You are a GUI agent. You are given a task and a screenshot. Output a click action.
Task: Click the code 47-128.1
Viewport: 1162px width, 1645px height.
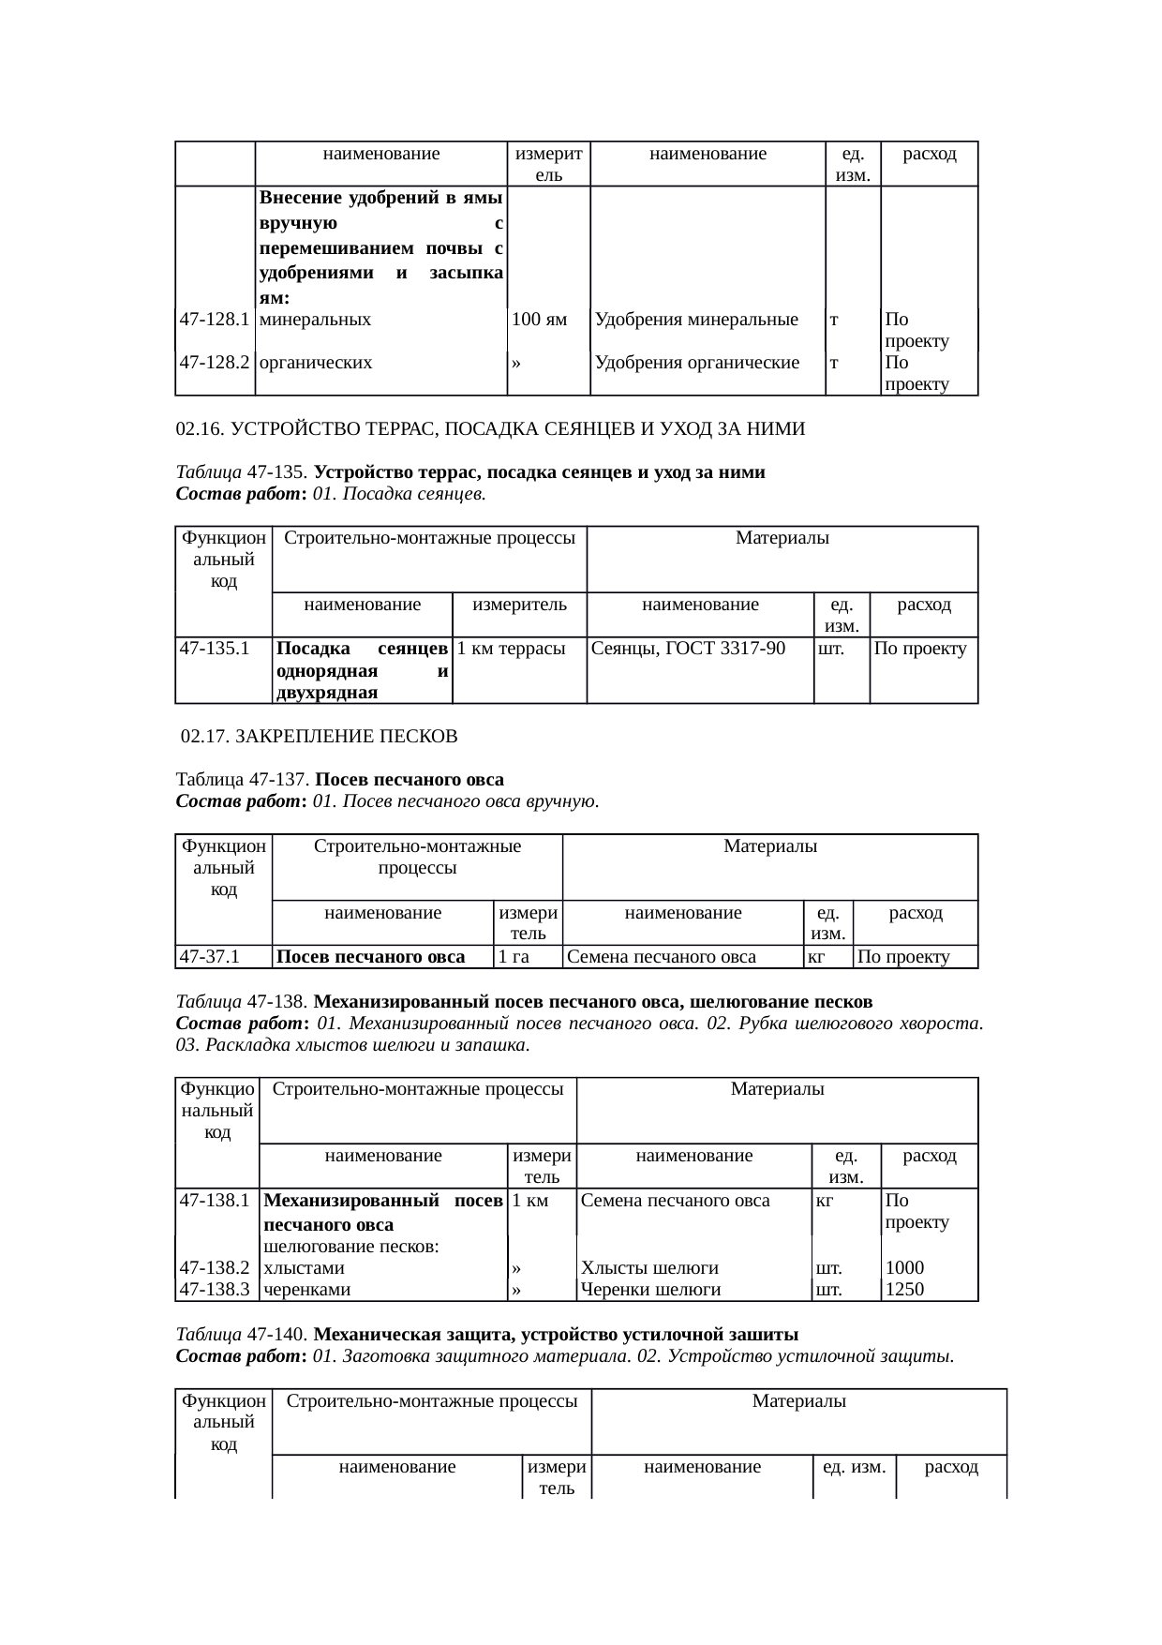point(214,320)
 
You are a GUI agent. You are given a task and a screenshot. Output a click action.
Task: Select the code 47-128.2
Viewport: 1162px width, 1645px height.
point(214,363)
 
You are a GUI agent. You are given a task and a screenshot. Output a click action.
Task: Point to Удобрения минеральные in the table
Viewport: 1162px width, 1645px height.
point(696,320)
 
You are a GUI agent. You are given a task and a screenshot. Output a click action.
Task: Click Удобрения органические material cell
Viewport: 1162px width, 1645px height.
point(697,363)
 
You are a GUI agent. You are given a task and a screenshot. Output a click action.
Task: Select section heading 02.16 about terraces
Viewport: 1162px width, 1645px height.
point(490,429)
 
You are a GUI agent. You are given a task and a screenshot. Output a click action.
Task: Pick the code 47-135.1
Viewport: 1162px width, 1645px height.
point(214,648)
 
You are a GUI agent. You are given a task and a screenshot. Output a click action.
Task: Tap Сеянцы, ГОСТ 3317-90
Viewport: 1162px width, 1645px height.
point(689,648)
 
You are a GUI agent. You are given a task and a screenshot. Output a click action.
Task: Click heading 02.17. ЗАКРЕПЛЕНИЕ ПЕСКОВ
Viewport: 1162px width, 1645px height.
point(319,737)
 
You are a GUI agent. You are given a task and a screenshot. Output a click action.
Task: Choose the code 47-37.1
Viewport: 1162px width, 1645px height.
point(210,957)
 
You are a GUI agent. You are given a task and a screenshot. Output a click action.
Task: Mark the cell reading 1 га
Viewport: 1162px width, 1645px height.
point(514,957)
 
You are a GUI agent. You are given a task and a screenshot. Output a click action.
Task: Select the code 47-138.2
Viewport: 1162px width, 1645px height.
point(214,1268)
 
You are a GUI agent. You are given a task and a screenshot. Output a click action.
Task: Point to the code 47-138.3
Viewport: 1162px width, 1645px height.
point(214,1289)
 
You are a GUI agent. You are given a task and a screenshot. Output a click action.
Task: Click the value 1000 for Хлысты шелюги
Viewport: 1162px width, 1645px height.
point(904,1268)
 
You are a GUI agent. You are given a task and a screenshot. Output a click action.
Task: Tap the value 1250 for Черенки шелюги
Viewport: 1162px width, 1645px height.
point(904,1289)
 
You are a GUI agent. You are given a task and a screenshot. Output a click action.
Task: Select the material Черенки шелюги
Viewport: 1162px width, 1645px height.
point(650,1289)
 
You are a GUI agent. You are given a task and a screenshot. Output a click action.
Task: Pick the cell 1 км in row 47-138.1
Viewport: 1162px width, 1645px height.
point(530,1201)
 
